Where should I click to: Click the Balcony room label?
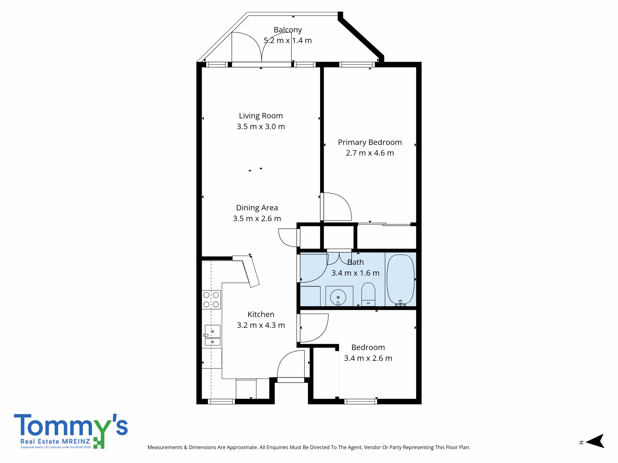coord(288,30)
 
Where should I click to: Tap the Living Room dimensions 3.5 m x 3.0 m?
coord(261,126)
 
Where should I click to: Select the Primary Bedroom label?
coord(370,142)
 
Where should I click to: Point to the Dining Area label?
coord(257,208)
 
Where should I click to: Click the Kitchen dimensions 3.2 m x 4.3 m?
coord(261,325)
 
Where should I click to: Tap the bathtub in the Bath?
coord(400,279)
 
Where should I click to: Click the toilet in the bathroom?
coord(368,294)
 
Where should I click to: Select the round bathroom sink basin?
coord(338,297)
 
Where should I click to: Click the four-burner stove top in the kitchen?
coord(211,300)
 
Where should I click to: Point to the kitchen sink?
coord(212,335)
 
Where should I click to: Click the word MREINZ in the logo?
coord(76,441)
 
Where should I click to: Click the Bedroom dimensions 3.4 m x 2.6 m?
coord(368,358)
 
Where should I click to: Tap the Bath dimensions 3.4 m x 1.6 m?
coord(355,273)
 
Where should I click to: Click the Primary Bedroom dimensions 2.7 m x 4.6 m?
coord(370,153)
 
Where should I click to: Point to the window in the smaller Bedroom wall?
coord(361,402)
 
